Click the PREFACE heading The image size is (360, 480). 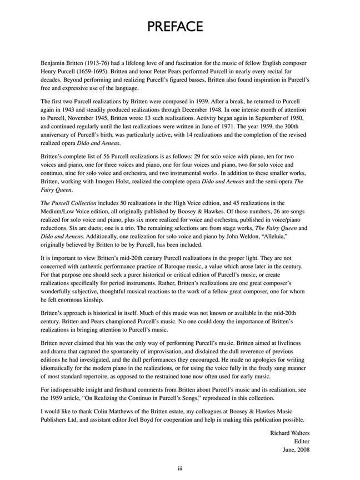pyautogui.click(x=179, y=27)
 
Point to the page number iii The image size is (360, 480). pyautogui.click(x=179, y=469)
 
